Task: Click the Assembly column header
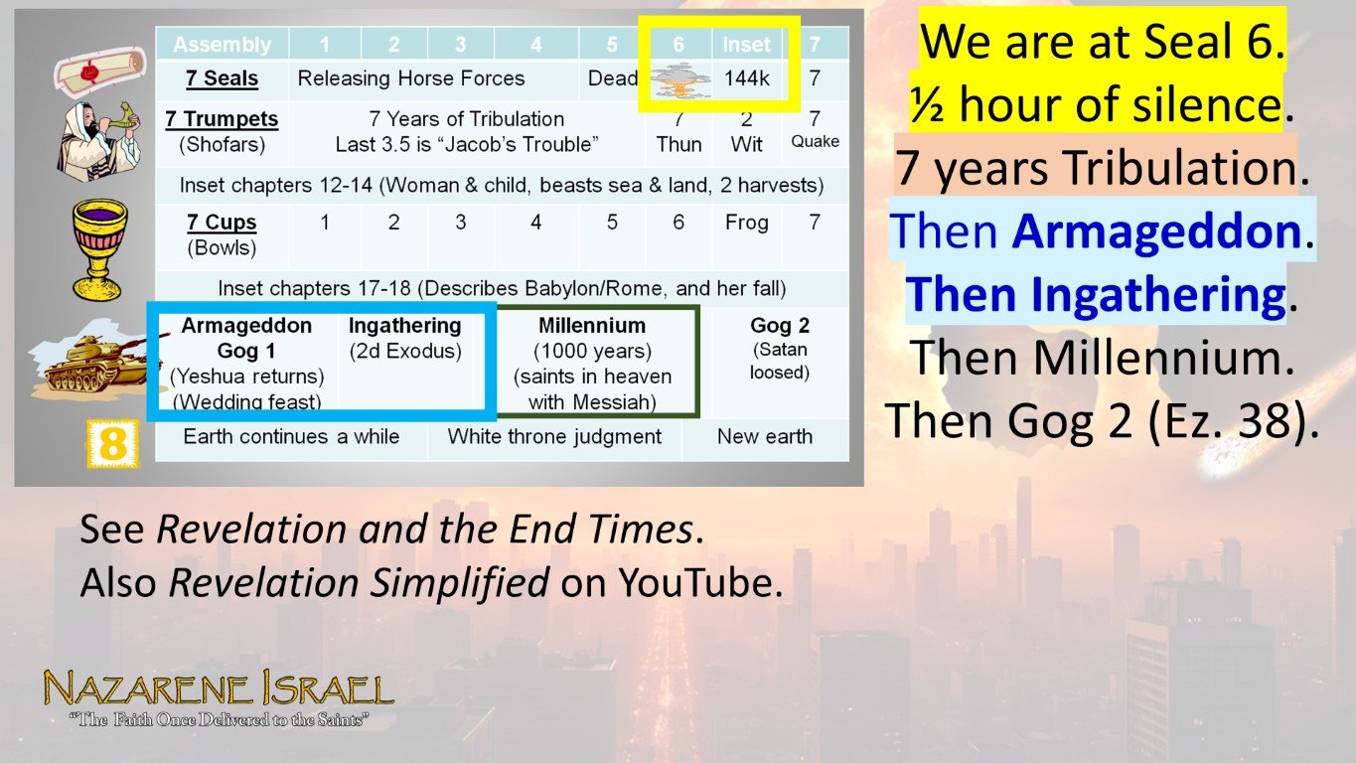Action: click(x=222, y=45)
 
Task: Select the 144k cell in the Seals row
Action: click(x=746, y=78)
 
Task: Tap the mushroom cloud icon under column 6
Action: click(x=679, y=79)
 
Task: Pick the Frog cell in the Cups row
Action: click(x=746, y=223)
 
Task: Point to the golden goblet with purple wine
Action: click(x=99, y=247)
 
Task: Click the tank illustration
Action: click(x=83, y=366)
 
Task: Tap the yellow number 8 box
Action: click(x=111, y=443)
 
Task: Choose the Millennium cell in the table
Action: click(x=592, y=363)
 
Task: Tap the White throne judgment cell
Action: click(x=554, y=436)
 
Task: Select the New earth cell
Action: click(x=765, y=436)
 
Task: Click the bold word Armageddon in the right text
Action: click(x=1156, y=232)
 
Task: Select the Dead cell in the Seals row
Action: click(x=612, y=78)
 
